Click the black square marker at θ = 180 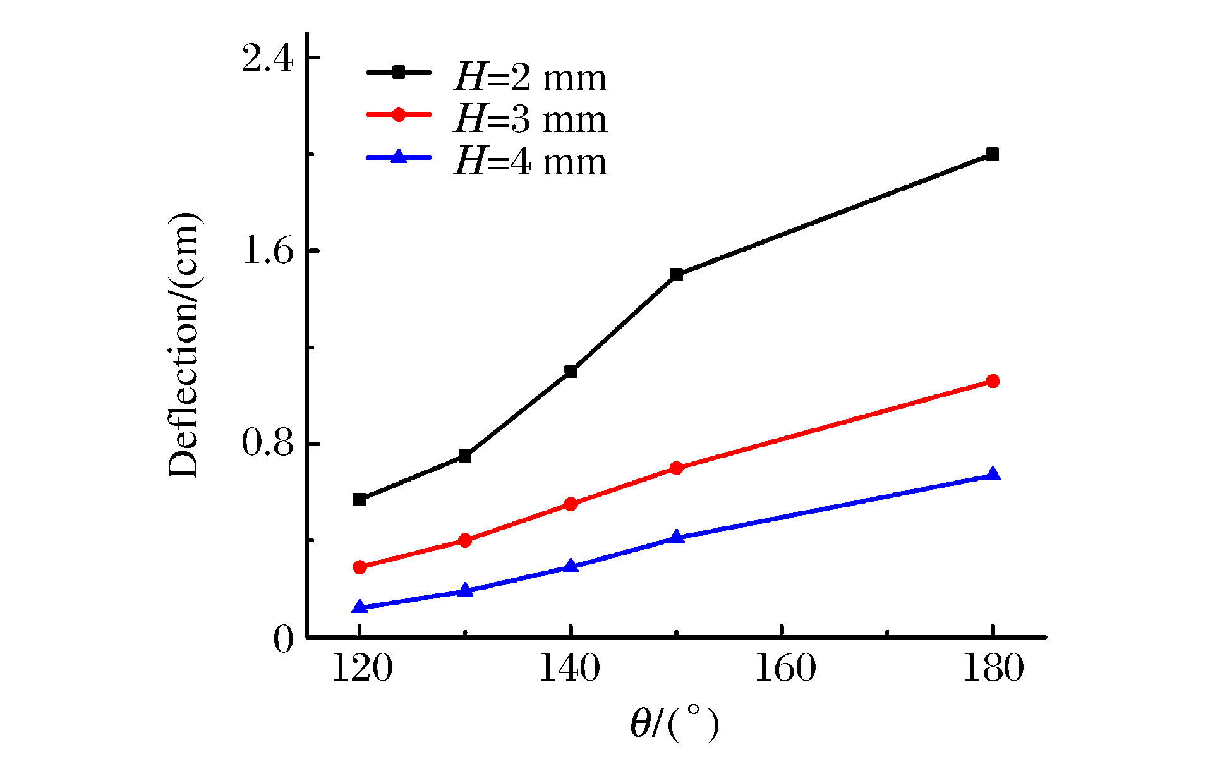click(x=993, y=154)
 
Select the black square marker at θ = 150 click(x=677, y=274)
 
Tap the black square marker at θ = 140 click(x=571, y=372)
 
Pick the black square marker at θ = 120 click(x=360, y=499)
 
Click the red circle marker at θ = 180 click(x=993, y=381)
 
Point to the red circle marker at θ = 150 click(x=677, y=468)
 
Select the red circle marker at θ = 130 click(x=466, y=540)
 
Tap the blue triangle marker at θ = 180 click(x=993, y=475)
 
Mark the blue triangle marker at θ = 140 click(x=571, y=566)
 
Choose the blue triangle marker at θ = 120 click(x=360, y=607)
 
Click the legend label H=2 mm click(x=530, y=78)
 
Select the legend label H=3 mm click(x=530, y=119)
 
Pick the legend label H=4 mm click(x=530, y=161)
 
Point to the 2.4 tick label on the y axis click(x=268, y=59)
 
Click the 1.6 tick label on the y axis click(x=268, y=252)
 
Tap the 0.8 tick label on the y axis click(x=268, y=444)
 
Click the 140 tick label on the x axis click(x=569, y=669)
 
